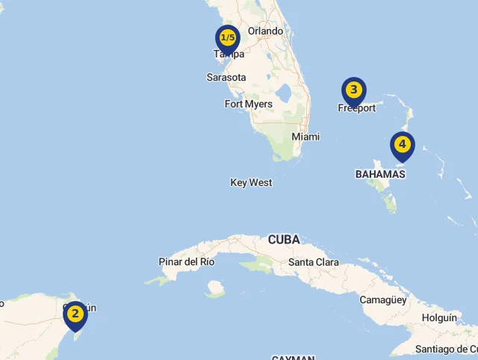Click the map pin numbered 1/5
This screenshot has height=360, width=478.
(x=228, y=38)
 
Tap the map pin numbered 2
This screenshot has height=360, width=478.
(x=75, y=314)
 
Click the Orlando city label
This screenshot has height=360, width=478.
(x=266, y=31)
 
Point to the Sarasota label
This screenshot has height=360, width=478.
(x=226, y=77)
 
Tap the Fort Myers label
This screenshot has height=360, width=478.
(x=249, y=104)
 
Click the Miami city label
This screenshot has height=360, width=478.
(x=305, y=137)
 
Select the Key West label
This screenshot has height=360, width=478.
(x=251, y=182)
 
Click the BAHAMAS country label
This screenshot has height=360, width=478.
(x=380, y=174)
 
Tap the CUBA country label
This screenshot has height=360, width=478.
(x=284, y=240)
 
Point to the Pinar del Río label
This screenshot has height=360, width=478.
(x=187, y=261)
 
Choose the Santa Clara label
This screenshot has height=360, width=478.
(x=313, y=262)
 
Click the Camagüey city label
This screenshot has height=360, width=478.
(x=383, y=300)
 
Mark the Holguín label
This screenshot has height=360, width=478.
(x=439, y=317)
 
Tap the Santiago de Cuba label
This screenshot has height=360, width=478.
(x=446, y=349)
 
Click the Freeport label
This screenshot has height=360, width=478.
(x=357, y=108)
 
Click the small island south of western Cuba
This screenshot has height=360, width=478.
(x=215, y=288)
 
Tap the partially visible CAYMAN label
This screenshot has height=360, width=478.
(x=293, y=357)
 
